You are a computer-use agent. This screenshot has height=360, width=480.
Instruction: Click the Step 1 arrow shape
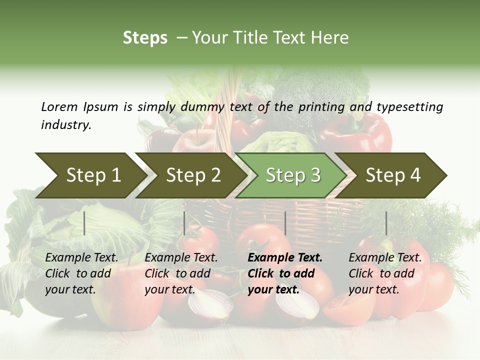click(90, 175)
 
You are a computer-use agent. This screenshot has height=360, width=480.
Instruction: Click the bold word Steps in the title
click(145, 38)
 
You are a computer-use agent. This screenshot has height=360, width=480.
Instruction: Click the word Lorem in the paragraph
click(59, 106)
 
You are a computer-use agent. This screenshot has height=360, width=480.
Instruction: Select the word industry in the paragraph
click(65, 125)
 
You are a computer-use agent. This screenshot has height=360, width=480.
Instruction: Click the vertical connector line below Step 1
click(84, 223)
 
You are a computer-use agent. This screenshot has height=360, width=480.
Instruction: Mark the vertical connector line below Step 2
click(184, 223)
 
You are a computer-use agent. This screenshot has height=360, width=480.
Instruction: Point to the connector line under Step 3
click(285, 223)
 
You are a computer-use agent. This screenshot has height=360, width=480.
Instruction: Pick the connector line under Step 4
click(386, 223)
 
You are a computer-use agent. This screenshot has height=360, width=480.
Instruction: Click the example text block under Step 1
click(81, 273)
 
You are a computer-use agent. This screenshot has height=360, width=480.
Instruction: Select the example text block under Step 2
click(180, 273)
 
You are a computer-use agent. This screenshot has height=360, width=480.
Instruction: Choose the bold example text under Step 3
click(284, 273)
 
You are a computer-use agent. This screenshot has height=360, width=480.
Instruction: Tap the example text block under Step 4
click(384, 273)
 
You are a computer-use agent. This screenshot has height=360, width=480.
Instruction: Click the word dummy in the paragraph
click(206, 106)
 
